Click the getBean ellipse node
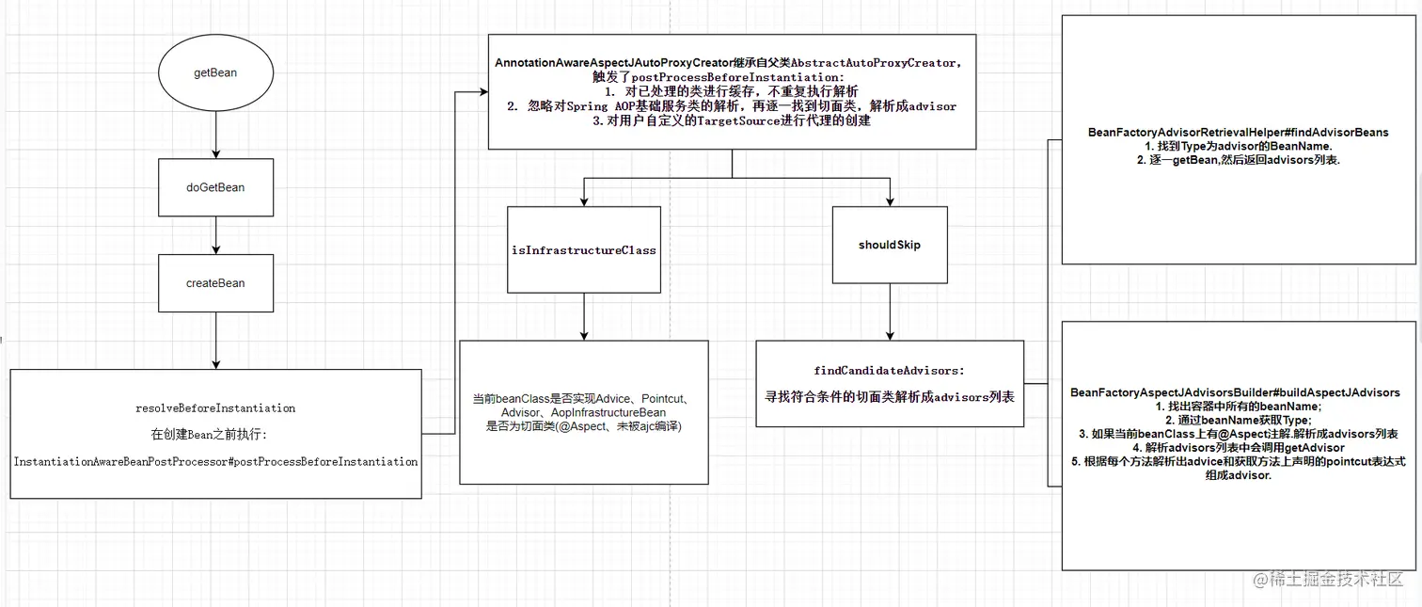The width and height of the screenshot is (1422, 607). pyautogui.click(x=215, y=73)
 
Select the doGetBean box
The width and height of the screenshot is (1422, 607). pyautogui.click(x=215, y=187)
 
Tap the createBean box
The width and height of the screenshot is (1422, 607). pyautogui.click(x=215, y=283)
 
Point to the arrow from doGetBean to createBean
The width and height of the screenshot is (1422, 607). pyautogui.click(x=215, y=235)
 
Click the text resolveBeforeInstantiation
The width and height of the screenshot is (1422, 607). pyautogui.click(x=215, y=408)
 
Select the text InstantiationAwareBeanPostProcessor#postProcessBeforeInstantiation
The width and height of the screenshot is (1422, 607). pyautogui.click(x=215, y=462)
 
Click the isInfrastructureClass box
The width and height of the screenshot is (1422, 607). pyautogui.click(x=584, y=250)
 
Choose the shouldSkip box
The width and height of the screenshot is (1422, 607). pyautogui.click(x=889, y=245)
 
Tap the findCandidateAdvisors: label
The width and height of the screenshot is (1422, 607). pyautogui.click(x=889, y=371)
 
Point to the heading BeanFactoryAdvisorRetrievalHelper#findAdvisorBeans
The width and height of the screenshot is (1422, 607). pyautogui.click(x=1238, y=133)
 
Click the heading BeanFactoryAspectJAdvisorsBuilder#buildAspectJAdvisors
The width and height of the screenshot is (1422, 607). pyautogui.click(x=1235, y=392)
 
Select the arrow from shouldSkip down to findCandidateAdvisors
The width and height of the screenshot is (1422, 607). pyautogui.click(x=889, y=311)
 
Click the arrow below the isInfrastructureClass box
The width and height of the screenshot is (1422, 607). pyautogui.click(x=584, y=316)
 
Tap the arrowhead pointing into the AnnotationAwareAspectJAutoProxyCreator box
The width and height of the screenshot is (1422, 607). pyautogui.click(x=482, y=91)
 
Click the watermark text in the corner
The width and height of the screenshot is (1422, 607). pyautogui.click(x=1326, y=580)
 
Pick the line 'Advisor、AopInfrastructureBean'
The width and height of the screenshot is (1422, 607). pyautogui.click(x=582, y=413)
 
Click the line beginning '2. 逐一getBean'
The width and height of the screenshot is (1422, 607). pyautogui.click(x=1238, y=160)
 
